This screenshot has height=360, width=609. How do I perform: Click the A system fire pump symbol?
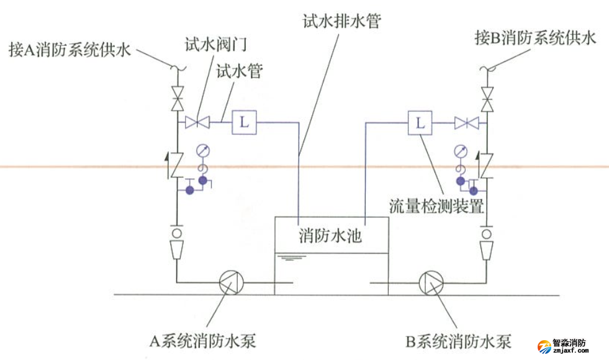[x=232, y=285]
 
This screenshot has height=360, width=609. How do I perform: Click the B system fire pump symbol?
[x=431, y=285]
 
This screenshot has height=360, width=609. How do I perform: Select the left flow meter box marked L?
[x=244, y=122]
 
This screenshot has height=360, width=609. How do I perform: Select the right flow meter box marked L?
[x=420, y=122]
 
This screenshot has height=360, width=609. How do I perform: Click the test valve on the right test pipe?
[x=466, y=123]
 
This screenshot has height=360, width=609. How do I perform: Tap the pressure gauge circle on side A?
[x=202, y=150]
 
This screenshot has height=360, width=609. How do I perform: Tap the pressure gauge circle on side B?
[x=460, y=150]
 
